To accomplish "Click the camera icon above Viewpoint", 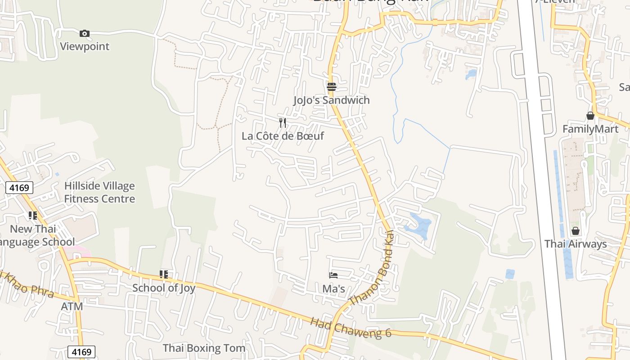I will pos(84,33).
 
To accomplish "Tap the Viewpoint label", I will pos(85,46).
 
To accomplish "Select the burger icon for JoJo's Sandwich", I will pos(332,86).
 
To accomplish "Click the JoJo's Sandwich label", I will pos(332,100).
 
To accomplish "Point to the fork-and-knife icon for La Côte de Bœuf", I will pos(283,122).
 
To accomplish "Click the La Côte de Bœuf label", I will pos(283,136).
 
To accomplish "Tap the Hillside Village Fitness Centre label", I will pos(99,192).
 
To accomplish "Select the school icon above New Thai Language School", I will pos(33,216).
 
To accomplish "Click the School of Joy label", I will pos(164,288).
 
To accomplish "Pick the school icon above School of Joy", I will pos(164,274).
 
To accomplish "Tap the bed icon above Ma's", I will pos(333,275).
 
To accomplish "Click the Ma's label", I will pos(334,288).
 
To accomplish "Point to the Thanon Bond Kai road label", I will pos(372,269).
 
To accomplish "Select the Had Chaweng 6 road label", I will pos(351,328).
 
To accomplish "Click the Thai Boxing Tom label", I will pos(204,348).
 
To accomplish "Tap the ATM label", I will pos(72,306).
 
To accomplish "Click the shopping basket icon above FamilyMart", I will pos(590,116).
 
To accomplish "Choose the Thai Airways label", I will pos(576,244).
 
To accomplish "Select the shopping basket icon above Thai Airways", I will pos(576,231).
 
